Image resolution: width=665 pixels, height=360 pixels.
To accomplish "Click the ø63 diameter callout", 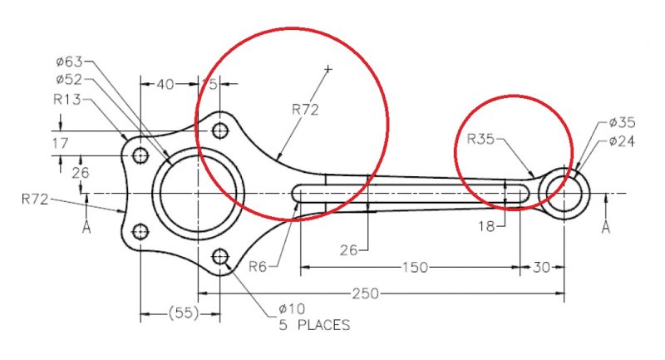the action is (x=69, y=62).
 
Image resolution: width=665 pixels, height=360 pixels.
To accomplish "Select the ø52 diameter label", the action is (x=69, y=79).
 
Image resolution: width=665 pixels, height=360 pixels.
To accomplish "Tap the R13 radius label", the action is (x=67, y=99).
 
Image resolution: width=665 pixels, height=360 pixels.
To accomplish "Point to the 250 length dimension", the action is (x=365, y=293).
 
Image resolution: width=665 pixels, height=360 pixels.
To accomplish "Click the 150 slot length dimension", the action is (x=415, y=268).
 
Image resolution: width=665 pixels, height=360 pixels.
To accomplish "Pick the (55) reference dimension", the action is (x=184, y=313).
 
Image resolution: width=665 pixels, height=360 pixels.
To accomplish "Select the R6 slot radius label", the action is (x=258, y=267).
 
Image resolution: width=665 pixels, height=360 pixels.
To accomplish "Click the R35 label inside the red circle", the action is (x=481, y=139).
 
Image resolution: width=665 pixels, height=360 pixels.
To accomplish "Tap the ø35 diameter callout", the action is (x=622, y=122).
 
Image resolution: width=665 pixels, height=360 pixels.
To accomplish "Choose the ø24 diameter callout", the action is (x=622, y=141).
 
